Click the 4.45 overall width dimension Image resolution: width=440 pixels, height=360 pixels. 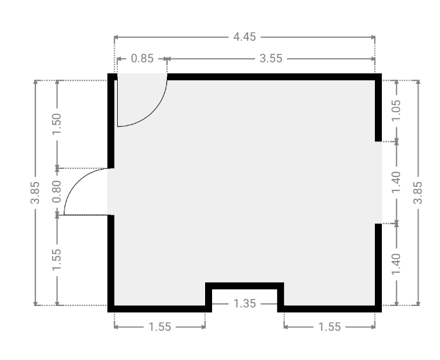pyautogui.click(x=245, y=37)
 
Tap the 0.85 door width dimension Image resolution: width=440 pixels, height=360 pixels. pyautogui.click(x=142, y=59)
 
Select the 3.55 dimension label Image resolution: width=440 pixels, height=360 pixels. pyautogui.click(x=271, y=59)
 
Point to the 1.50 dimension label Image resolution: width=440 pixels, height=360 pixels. pyautogui.click(x=57, y=124)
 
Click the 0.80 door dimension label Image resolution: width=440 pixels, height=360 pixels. pyautogui.click(x=57, y=192)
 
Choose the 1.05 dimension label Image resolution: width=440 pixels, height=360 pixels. pyautogui.click(x=396, y=111)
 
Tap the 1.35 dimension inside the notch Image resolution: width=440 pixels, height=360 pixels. pyautogui.click(x=245, y=304)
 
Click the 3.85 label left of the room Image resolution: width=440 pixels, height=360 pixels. pyautogui.click(x=35, y=192)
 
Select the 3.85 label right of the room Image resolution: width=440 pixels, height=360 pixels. pyautogui.click(x=418, y=192)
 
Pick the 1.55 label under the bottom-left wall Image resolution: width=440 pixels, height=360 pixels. pyautogui.click(x=159, y=327)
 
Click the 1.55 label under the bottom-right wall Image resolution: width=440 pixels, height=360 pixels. pyautogui.click(x=329, y=327)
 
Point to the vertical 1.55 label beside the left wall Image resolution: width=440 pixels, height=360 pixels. pyautogui.click(x=57, y=260)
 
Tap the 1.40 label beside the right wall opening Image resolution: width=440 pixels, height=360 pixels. pyautogui.click(x=396, y=182)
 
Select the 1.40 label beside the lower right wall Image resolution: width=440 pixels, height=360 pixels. pyautogui.click(x=396, y=264)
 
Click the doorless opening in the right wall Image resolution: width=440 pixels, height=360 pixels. pyautogui.click(x=378, y=183)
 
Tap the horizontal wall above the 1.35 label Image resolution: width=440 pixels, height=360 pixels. pyautogui.click(x=245, y=286)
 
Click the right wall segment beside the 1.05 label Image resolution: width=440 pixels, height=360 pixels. pyautogui.click(x=378, y=111)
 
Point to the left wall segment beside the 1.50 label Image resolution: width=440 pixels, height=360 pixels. pyautogui.click(x=111, y=124)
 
